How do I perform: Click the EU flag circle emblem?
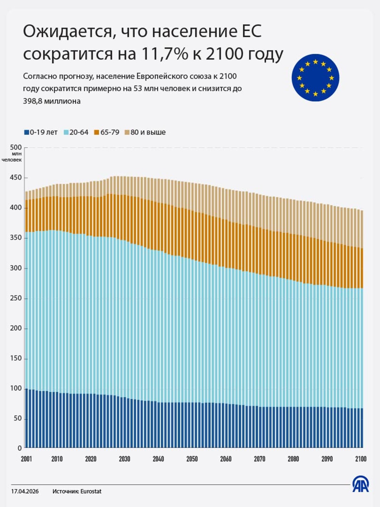click(x=315, y=78)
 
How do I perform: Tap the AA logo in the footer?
click(x=360, y=484)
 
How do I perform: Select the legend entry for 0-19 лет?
click(x=41, y=132)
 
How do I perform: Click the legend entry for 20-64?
click(x=76, y=132)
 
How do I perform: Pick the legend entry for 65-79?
click(x=107, y=132)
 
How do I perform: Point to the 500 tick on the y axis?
click(x=16, y=147)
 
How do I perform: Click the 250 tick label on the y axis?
click(x=16, y=298)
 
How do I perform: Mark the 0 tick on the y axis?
click(x=20, y=448)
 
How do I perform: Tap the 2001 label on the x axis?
click(x=26, y=459)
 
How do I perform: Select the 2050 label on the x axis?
click(x=192, y=459)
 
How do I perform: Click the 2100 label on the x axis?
click(x=361, y=459)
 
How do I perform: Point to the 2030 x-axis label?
click(x=125, y=459)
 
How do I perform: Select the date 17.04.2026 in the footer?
click(x=25, y=491)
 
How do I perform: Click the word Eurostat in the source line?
click(x=91, y=491)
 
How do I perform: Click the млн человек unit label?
click(x=12, y=157)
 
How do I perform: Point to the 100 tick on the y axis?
click(x=16, y=388)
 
